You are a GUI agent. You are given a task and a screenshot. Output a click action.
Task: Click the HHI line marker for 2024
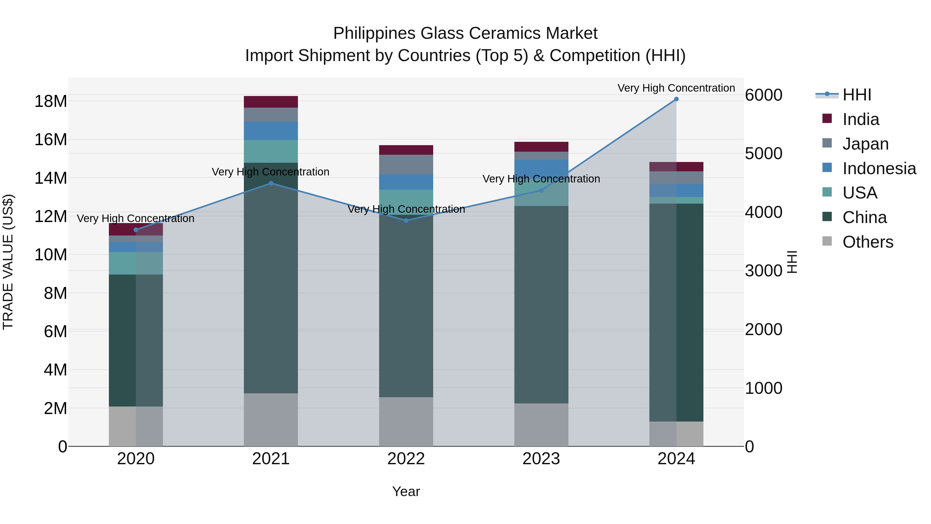coord(676,99)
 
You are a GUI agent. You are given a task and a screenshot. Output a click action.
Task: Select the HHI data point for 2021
coord(271,183)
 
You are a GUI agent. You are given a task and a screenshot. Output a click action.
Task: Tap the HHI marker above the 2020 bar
coord(136,230)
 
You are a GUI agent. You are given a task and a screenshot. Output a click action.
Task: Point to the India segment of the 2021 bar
coord(271,102)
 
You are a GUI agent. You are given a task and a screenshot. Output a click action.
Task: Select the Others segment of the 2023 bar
coord(541,425)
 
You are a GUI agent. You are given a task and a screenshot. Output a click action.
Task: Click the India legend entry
coord(860,119)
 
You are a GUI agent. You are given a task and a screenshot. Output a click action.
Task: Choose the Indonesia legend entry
coord(879,168)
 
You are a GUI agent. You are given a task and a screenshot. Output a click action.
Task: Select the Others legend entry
coord(867,242)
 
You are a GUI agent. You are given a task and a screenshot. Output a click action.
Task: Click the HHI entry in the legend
coord(857,95)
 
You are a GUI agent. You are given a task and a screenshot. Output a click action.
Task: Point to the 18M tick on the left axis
coord(51,101)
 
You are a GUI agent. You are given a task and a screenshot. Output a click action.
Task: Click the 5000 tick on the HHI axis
coord(763,153)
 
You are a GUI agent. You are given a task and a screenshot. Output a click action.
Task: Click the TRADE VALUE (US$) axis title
coord(8,262)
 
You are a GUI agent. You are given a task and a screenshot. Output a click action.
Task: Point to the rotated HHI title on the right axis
coord(792,262)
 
